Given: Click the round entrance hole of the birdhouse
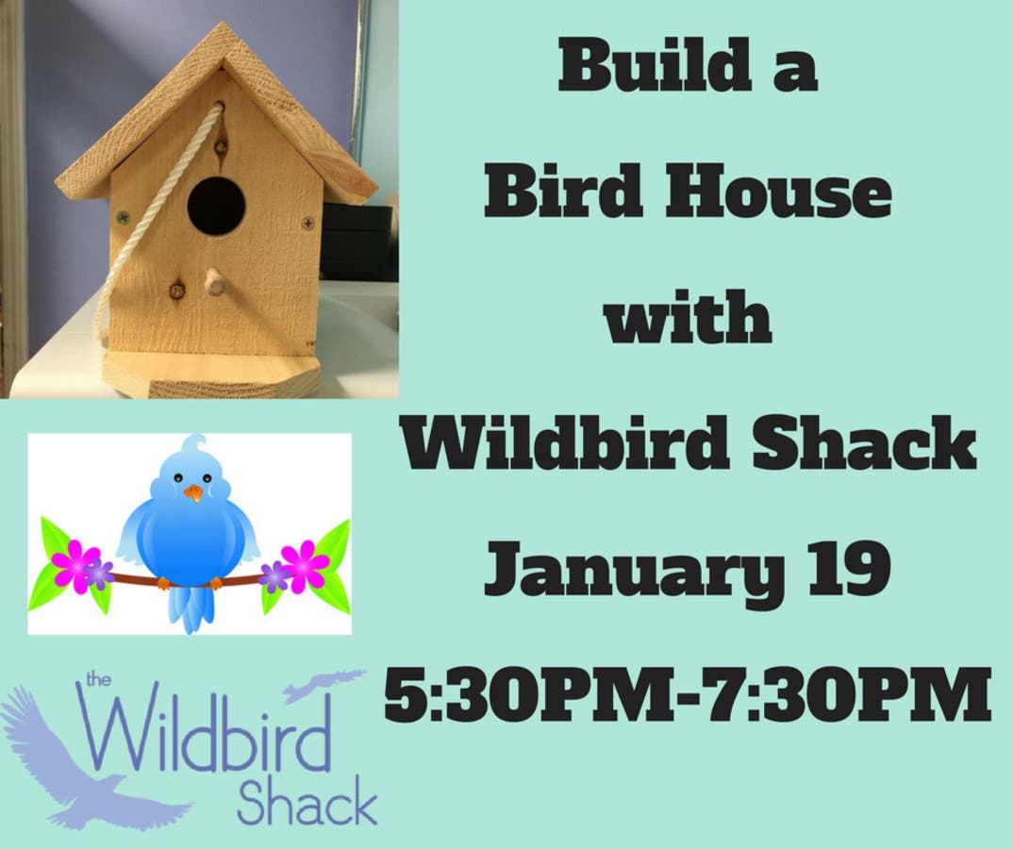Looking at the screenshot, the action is pos(216,206).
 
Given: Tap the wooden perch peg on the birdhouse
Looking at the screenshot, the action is pos(211,282).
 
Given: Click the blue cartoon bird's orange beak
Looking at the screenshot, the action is pos(192,493).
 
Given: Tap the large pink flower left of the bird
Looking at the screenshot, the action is pos(75,565).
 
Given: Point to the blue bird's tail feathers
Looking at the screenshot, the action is pos(188,609).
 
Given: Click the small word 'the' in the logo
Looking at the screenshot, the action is pos(98,679).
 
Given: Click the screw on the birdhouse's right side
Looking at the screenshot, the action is pos(308,224).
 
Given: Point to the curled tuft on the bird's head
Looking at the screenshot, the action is pos(191,446).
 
